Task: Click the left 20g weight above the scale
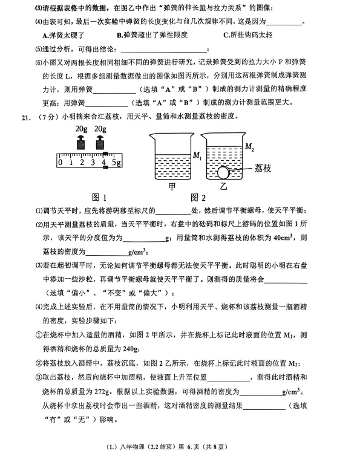click(x=81, y=144)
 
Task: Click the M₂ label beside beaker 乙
click(x=249, y=146)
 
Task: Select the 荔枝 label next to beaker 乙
click(x=265, y=167)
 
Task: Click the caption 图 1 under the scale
click(x=99, y=197)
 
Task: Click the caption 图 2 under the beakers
click(x=198, y=197)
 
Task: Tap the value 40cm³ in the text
click(x=284, y=237)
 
